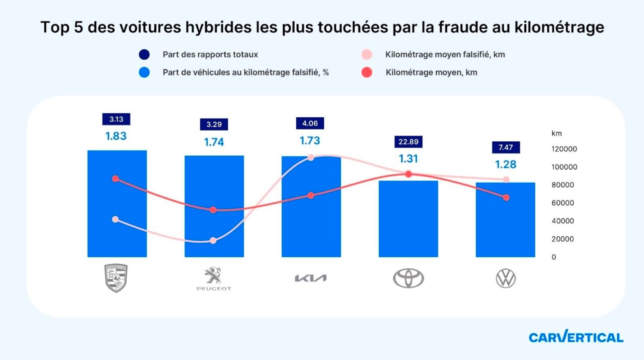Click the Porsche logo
[116, 278]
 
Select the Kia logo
[311, 278]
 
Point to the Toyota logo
[408, 278]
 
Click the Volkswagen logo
[505, 278]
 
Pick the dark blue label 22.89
[408, 142]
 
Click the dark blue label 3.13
[116, 119]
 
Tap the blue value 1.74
[214, 142]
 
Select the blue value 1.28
[506, 164]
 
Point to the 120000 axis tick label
[564, 149]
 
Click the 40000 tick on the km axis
[562, 221]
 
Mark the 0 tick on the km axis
[554, 257]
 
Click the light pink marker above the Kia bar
[311, 157]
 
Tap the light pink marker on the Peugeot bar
[213, 241]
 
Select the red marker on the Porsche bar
[115, 179]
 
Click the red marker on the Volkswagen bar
[506, 197]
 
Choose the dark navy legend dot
[144, 55]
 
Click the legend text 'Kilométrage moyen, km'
[431, 73]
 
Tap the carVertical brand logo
[576, 337]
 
